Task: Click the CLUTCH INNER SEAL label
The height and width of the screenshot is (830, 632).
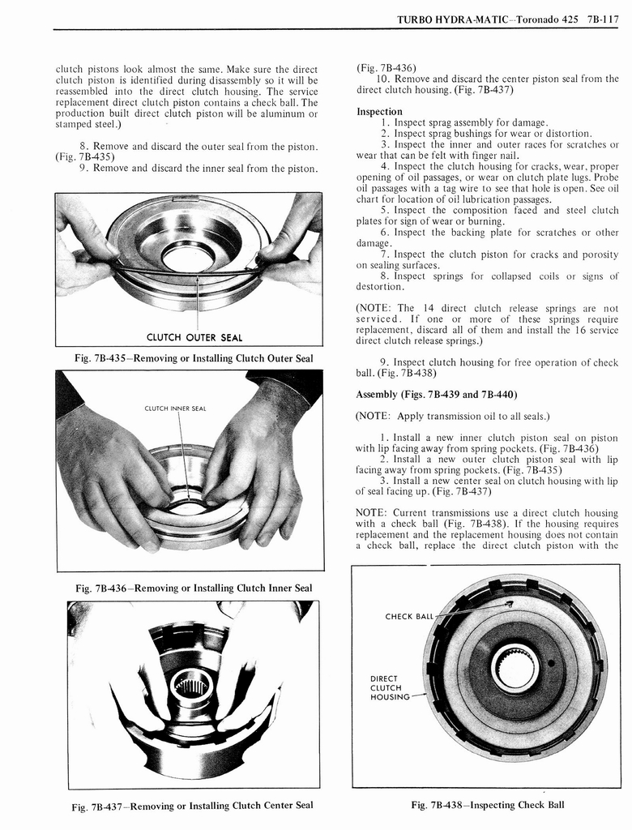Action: (175, 409)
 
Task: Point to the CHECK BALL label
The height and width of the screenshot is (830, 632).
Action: (410, 616)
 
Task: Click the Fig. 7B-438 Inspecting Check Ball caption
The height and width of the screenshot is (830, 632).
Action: (487, 805)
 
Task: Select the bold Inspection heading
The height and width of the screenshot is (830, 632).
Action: (379, 111)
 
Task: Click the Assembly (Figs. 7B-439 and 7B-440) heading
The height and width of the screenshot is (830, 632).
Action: (437, 395)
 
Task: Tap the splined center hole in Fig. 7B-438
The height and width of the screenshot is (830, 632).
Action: (515, 668)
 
